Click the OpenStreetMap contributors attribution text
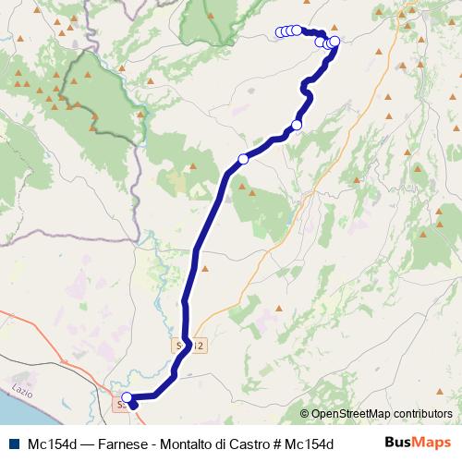click(x=382, y=414)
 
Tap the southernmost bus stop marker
click(x=127, y=398)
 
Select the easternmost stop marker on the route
click(x=334, y=41)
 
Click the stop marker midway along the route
click(x=243, y=159)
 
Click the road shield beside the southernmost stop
click(x=118, y=404)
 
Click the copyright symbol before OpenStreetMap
click(x=307, y=414)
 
